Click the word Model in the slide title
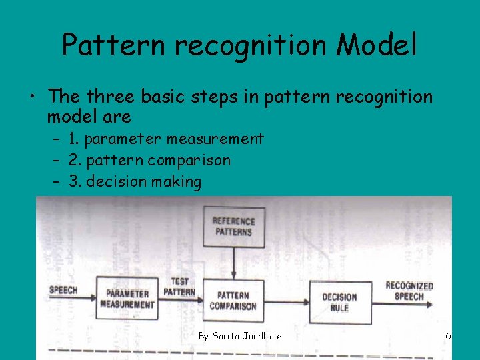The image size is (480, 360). [377, 45]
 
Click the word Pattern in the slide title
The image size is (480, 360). [111, 45]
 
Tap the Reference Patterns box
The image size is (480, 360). [233, 227]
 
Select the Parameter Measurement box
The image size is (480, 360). [127, 299]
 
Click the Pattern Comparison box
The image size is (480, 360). [233, 301]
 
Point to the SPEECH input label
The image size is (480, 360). [63, 290]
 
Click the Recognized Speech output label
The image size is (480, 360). [409, 291]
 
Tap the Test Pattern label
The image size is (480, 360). [179, 287]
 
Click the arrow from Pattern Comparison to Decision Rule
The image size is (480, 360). [287, 301]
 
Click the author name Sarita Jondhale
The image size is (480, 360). [239, 335]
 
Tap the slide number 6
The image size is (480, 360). [449, 335]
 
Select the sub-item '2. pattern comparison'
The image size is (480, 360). [149, 160]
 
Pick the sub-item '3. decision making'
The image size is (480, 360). [135, 181]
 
